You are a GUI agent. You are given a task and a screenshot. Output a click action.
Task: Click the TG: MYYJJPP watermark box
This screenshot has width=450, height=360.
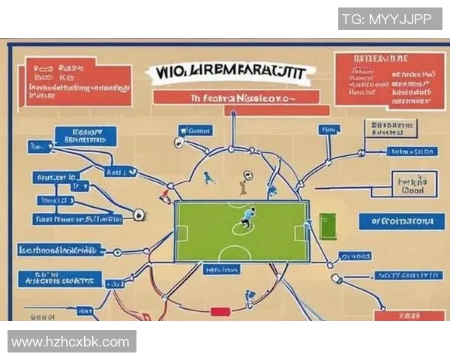pos(387,19)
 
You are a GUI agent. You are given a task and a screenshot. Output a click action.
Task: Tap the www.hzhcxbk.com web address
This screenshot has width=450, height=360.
pos(71,342)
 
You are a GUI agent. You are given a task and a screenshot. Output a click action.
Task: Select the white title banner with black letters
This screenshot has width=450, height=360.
pos(232,73)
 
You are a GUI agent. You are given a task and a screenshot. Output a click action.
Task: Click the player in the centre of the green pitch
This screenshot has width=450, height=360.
pos(245,218)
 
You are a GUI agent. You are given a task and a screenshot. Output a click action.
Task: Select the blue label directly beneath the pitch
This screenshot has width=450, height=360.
pos(223,268)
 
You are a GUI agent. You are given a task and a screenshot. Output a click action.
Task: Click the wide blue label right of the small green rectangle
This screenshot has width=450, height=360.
pos(397,221)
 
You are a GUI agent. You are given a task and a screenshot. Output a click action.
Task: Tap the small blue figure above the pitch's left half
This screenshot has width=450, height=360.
pos(208,177)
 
